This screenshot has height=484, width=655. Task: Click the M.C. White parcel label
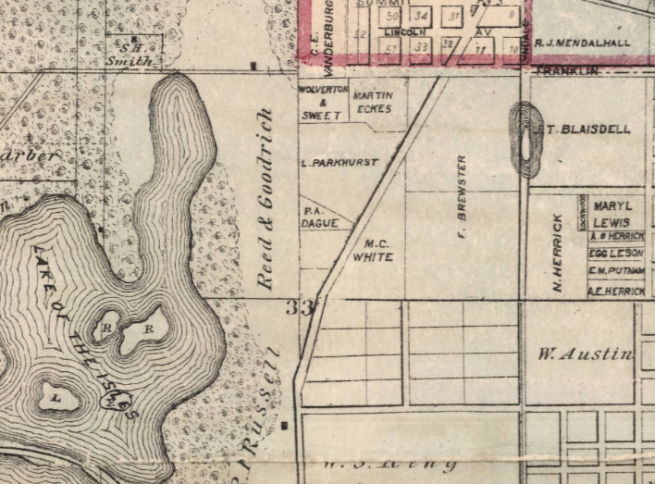tap(375, 251)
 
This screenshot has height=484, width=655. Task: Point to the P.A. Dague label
tap(313, 217)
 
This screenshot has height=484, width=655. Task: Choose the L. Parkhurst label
tap(340, 162)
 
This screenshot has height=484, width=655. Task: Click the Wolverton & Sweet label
tap(323, 102)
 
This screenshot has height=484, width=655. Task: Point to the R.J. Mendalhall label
tap(584, 43)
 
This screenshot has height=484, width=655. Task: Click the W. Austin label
tap(587, 354)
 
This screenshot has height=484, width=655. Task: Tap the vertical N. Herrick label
tap(558, 252)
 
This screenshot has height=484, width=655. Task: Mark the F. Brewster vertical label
tap(462, 208)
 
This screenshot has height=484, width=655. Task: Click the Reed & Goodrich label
tap(268, 198)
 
